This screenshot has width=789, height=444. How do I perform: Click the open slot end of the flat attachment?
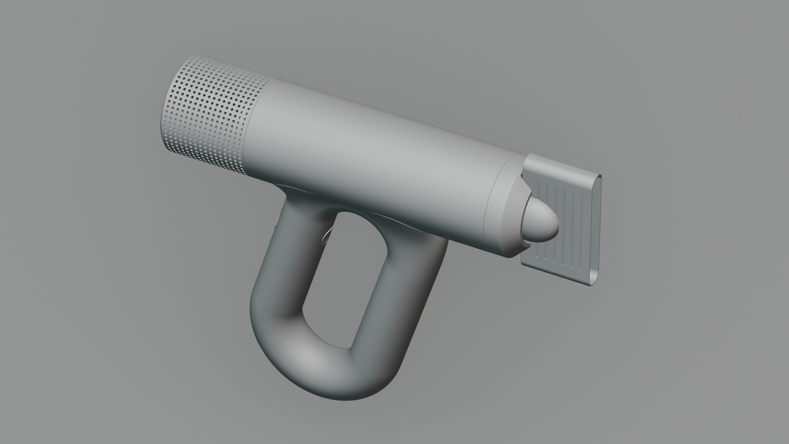click(597, 230)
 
